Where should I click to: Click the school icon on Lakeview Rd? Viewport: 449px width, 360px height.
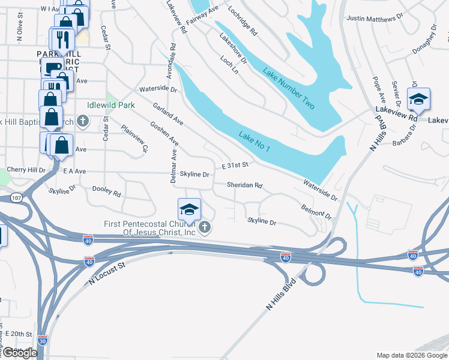click(x=418, y=100)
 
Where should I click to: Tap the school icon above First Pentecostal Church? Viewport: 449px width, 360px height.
click(x=188, y=209)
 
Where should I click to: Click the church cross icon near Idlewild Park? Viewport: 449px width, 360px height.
click(x=83, y=122)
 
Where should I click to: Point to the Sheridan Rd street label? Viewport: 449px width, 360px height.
click(x=245, y=185)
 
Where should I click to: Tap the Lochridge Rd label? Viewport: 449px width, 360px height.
click(x=243, y=20)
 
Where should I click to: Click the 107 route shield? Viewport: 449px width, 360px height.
click(x=16, y=197)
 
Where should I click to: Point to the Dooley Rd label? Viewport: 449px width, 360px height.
click(x=107, y=191)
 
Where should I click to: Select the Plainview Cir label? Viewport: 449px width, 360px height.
click(x=134, y=138)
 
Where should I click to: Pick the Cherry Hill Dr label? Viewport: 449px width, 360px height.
click(x=26, y=170)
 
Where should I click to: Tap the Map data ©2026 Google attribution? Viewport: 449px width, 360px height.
click(x=411, y=355)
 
